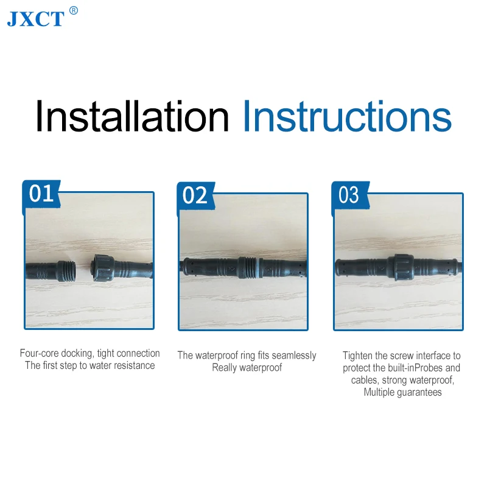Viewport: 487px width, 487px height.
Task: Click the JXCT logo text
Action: (36, 19)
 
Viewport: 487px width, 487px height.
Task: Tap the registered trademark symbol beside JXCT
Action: (73, 10)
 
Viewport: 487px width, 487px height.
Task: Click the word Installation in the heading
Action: (132, 116)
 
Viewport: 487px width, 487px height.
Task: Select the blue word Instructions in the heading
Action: (347, 116)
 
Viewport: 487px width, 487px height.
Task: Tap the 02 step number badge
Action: (195, 195)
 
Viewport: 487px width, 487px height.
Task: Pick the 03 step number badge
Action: (349, 195)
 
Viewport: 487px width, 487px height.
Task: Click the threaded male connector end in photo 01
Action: (67, 271)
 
